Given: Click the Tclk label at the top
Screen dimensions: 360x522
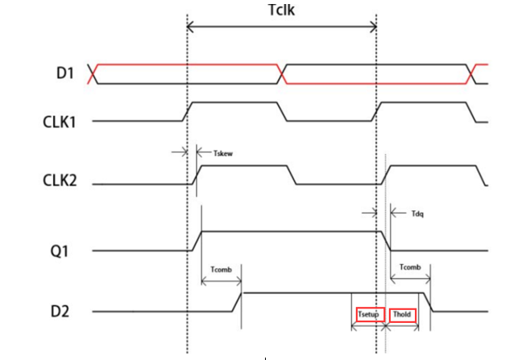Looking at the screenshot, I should coord(281,10).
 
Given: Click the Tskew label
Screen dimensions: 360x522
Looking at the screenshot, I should coord(223,151).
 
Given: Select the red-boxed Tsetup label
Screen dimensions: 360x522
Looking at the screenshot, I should coord(370,314).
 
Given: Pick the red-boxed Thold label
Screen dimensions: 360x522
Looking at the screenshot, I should coord(402,314).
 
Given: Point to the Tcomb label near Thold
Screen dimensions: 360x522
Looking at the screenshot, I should coord(411,267).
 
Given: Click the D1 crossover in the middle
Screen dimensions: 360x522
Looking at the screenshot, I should coord(283,73).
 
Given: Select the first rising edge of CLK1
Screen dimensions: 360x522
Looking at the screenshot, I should coord(187,112).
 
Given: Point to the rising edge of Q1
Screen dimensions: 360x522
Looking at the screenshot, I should coord(197,241).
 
